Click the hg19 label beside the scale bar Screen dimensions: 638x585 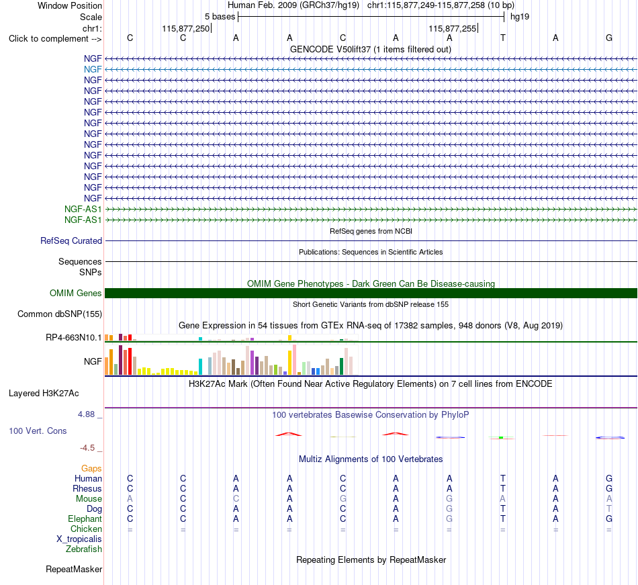pos(520,17)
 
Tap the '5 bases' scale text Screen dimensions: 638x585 pos(220,17)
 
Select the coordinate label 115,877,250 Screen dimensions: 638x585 pos(185,28)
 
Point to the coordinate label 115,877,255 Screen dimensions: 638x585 pos(452,28)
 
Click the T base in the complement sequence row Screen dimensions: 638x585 pos(503,38)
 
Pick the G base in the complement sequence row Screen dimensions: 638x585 pos(609,38)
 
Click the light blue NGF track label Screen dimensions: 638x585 pos(93,70)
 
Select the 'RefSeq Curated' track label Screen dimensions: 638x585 pos(71,241)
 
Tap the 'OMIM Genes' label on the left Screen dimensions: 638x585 pos(76,294)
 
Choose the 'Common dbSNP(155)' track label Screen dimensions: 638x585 pos(60,314)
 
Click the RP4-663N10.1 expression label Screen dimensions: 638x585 pos(74,338)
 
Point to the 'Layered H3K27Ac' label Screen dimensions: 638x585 pos(44,394)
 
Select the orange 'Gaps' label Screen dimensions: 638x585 pos(91,469)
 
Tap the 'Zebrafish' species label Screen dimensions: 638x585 pos(84,549)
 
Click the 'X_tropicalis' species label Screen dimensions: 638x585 pos(79,539)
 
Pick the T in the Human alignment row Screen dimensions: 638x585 pos(503,478)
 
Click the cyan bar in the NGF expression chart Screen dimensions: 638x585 pos(200,367)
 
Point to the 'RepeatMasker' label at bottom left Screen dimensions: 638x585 pos(74,569)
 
